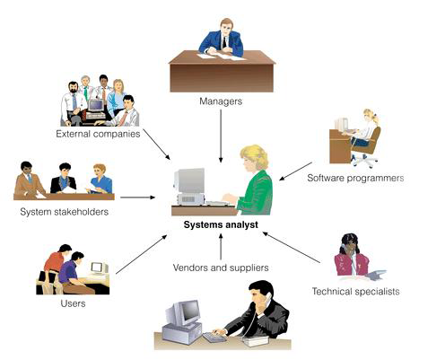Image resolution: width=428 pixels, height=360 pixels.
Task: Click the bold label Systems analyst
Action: pos(221,225)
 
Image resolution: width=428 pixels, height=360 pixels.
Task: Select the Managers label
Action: pos(221,101)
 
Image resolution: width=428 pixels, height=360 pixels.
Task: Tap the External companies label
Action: pos(98,134)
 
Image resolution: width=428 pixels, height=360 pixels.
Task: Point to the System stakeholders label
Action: pos(65,212)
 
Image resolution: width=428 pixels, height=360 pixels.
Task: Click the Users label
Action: pos(73,303)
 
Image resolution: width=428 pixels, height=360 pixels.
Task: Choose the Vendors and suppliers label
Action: pos(221,268)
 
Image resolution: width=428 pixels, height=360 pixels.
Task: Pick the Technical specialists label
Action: pos(356,291)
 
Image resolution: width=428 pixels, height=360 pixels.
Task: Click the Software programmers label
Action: pos(355,178)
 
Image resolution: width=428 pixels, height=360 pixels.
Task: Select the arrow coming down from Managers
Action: pos(221,136)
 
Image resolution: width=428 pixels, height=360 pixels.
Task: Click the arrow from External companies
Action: pos(156,145)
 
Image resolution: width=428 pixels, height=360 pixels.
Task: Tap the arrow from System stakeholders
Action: pos(137,198)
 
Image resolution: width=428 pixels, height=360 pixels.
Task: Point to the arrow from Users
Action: pos(142,254)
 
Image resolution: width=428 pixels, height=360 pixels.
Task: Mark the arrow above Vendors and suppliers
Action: pos(221,247)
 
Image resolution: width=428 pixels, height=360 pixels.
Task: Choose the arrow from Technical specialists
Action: pos(292,248)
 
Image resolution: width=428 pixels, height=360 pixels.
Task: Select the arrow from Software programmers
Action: pos(295,171)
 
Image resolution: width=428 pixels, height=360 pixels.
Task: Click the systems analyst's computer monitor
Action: pos(190,180)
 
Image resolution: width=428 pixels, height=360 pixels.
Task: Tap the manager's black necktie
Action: pos(224,42)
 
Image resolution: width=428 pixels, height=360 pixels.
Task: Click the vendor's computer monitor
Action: pos(183,313)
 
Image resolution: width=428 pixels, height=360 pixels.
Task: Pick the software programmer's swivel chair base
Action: pos(364,162)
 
